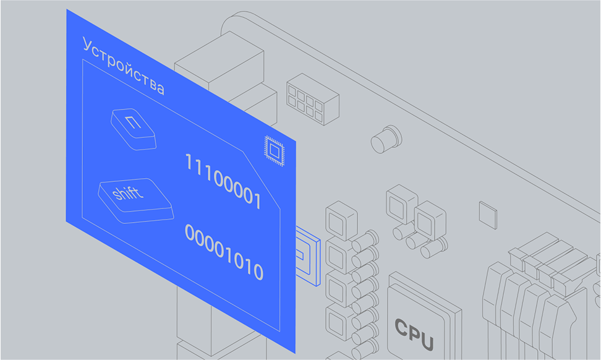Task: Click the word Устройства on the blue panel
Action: coord(124,67)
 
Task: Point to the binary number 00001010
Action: coord(224,252)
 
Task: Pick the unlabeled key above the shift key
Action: coord(133,129)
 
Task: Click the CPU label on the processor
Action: coord(414,334)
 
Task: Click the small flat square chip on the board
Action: coord(488,213)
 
